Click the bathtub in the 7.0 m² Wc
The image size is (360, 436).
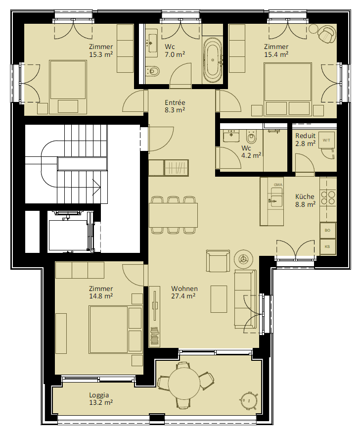pyautogui.click(x=213, y=59)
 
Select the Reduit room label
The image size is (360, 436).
pyautogui.click(x=305, y=136)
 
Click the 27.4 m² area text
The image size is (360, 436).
pyautogui.click(x=183, y=296)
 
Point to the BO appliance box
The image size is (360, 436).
pyautogui.click(x=327, y=230)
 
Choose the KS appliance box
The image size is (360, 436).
pyautogui.click(x=327, y=246)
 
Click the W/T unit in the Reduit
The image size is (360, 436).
pyautogui.click(x=327, y=140)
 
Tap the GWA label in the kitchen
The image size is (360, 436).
pyautogui.click(x=278, y=185)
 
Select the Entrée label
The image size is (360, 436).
pyautogui.click(x=175, y=102)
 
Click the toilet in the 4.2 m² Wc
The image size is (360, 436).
pyautogui.click(x=252, y=136)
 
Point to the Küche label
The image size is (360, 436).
pyautogui.click(x=305, y=196)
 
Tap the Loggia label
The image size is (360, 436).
pyautogui.click(x=99, y=395)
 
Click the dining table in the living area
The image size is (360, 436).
pyautogui.click(x=174, y=215)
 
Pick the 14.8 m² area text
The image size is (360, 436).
pyautogui.click(x=101, y=296)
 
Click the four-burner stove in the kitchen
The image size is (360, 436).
pyautogui.click(x=328, y=197)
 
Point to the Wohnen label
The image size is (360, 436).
pyautogui.click(x=184, y=289)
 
